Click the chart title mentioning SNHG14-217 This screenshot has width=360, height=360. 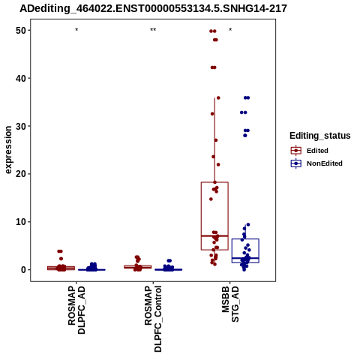(153, 9)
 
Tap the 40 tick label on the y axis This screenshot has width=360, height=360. (21, 78)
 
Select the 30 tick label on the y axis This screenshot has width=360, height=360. (21, 126)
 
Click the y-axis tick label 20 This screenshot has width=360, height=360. (21, 174)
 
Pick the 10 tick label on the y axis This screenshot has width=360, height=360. (21, 222)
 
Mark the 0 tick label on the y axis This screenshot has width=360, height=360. (23, 270)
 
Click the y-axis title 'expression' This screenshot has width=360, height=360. (8, 150)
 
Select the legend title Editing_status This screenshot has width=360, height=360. (320, 136)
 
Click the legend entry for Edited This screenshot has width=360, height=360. (317, 151)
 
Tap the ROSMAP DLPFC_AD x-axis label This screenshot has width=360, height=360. (76, 310)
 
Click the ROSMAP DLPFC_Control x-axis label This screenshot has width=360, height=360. (153, 319)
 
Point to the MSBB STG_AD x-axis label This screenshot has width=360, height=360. (230, 304)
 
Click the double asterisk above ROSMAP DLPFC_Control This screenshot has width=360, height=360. (153, 30)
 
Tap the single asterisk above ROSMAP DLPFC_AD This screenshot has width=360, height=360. (76, 30)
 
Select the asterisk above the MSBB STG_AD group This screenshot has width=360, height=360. (230, 30)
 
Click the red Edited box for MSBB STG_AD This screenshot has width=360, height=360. (202, 216)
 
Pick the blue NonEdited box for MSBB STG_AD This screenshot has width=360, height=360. (232, 250)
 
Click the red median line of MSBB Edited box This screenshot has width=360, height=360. (214, 235)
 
